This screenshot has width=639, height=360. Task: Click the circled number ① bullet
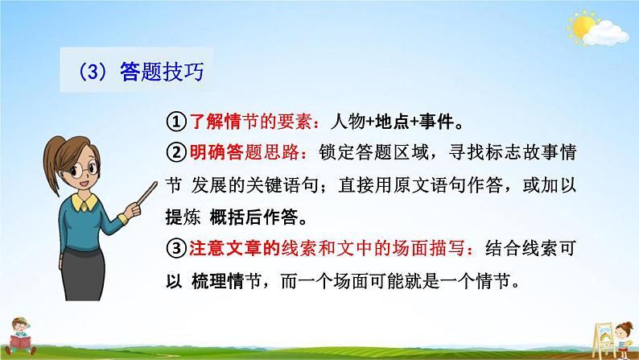pos(176,122)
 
